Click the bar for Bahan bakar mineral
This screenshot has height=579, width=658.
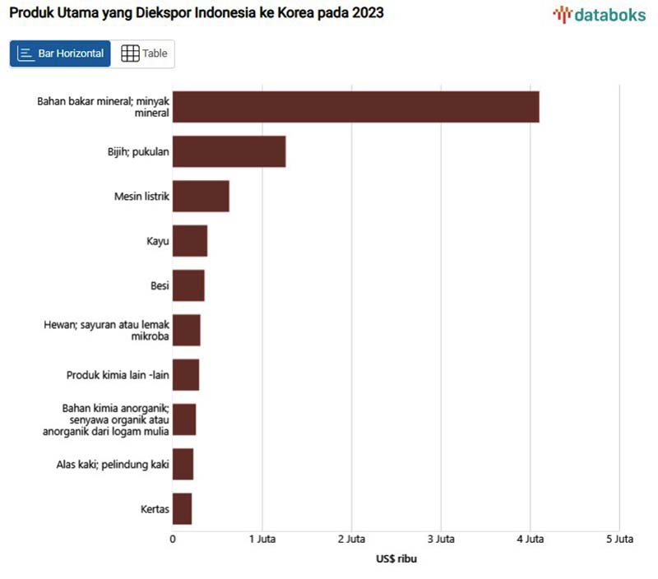[x=355, y=107]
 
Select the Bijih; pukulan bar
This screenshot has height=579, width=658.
[x=229, y=151]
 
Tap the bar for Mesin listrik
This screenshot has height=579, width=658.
[x=201, y=197]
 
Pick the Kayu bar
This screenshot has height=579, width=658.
[x=190, y=241]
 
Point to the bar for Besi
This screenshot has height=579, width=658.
[x=188, y=285]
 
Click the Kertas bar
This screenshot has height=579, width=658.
[x=182, y=509]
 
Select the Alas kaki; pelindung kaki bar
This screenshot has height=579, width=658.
[x=183, y=464]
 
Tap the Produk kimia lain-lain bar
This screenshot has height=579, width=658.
[x=186, y=375]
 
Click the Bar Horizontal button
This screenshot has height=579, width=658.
[x=60, y=53]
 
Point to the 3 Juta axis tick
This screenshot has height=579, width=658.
[x=441, y=540]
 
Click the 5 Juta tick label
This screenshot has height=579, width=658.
[x=619, y=540]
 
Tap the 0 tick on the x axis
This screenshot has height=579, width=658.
[x=173, y=540]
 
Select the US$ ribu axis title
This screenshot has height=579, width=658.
[x=396, y=559]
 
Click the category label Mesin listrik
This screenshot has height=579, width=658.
[x=141, y=197]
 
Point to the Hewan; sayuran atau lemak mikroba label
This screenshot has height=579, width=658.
[x=106, y=331]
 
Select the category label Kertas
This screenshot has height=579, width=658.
[x=155, y=509]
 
